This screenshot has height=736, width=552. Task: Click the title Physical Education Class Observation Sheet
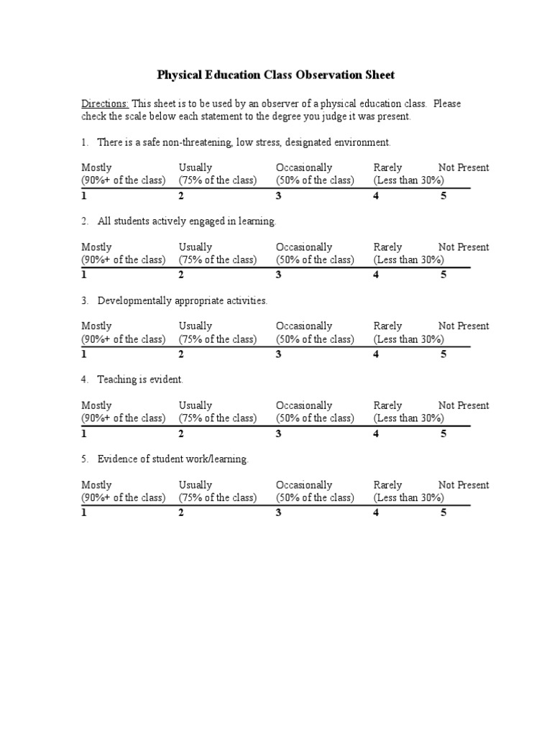point(276,75)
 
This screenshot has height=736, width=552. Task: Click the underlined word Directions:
point(104,103)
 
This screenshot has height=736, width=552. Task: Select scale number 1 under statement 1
point(84,195)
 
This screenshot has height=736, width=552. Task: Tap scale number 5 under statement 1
point(443,195)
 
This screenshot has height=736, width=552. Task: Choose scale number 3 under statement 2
point(279,275)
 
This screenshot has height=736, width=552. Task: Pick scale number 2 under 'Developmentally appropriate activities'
point(181,354)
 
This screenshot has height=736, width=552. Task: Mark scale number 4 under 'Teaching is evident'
point(376,433)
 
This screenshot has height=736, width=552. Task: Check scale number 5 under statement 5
point(443,512)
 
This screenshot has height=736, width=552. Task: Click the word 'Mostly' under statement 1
point(96,167)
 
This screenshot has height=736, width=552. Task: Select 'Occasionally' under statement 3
point(304,326)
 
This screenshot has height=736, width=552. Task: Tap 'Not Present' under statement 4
point(464,405)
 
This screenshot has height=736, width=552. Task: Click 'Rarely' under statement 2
point(388,247)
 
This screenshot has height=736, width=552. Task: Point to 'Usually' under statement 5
point(195,485)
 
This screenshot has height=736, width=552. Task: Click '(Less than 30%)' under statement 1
point(408,180)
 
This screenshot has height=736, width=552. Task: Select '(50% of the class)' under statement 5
point(315,497)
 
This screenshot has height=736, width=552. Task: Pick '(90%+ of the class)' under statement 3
point(123,339)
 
